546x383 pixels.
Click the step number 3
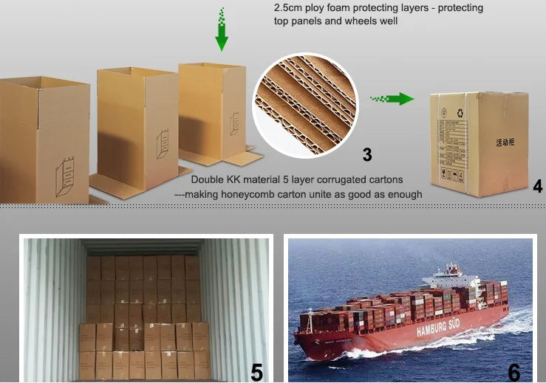[x=366, y=154]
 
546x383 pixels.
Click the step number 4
[x=537, y=186]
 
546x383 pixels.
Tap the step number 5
[x=256, y=371]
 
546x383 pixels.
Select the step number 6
[x=513, y=371]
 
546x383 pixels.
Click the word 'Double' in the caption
[x=209, y=179]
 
